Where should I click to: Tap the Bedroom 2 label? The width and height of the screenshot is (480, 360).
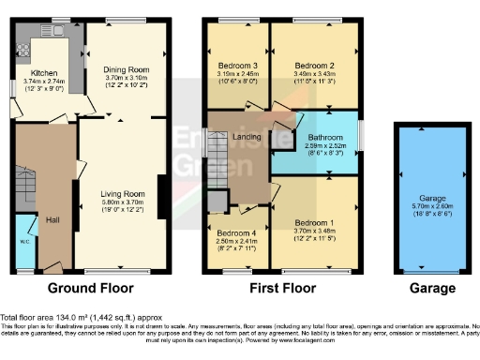[314, 65]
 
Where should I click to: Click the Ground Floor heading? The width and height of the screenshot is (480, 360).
[90, 288]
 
